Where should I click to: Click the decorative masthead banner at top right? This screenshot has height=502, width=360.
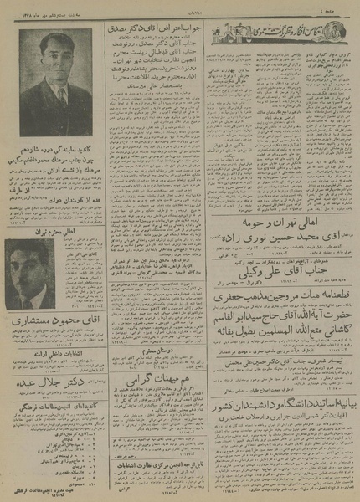click(268, 32)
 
